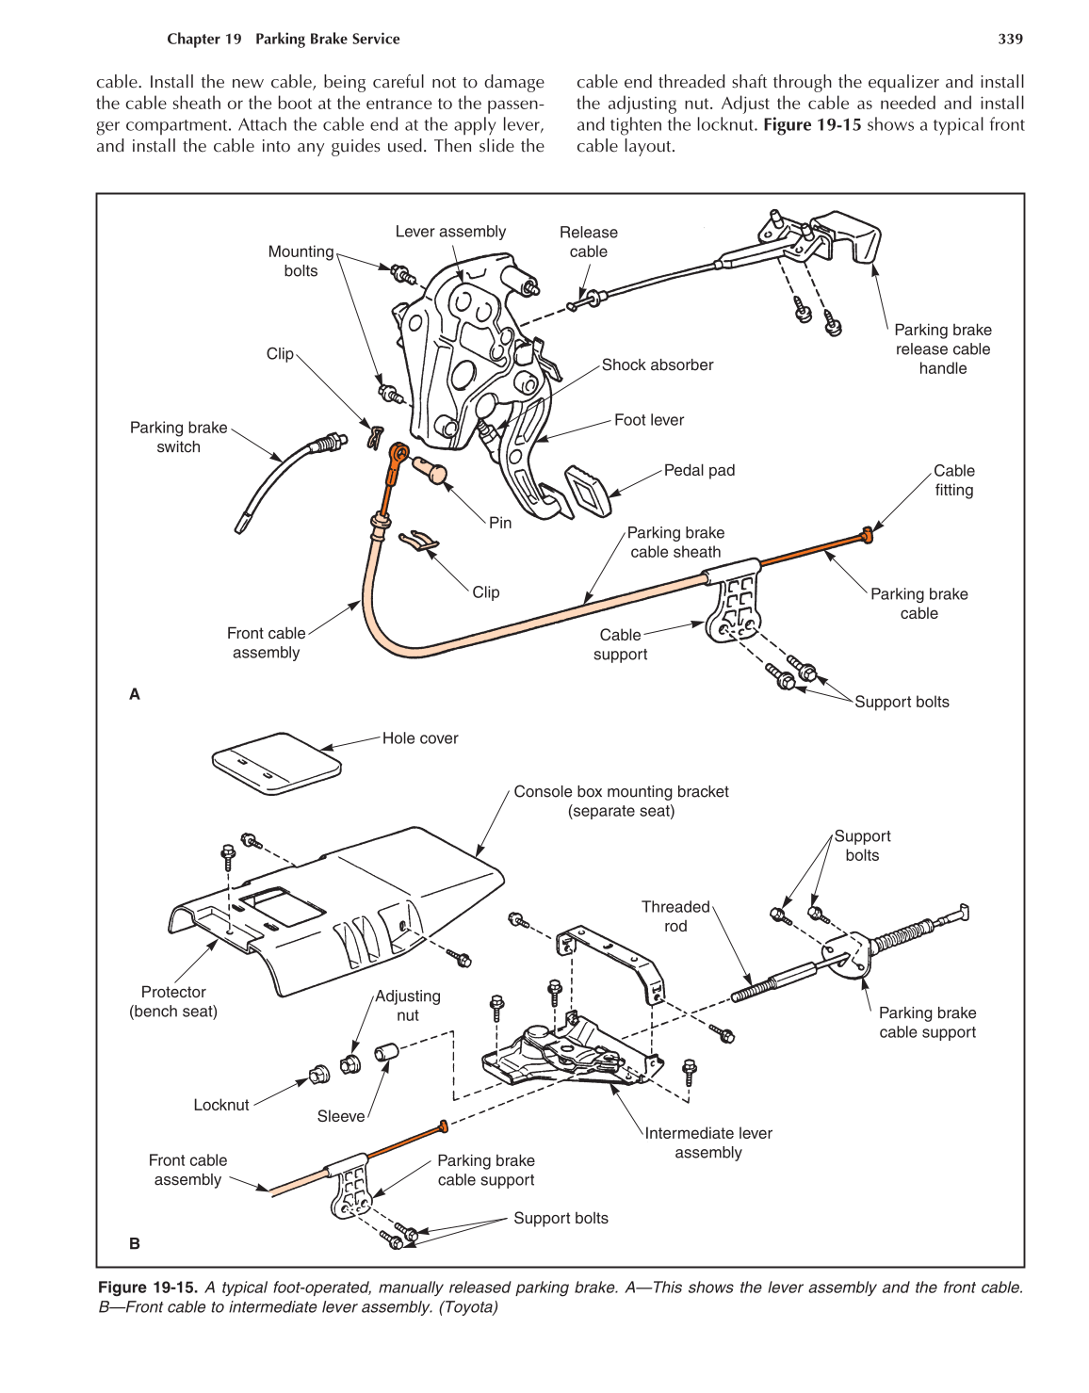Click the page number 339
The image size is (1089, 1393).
1010,39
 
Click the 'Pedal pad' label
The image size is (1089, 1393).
699,470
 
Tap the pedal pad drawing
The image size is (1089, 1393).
590,491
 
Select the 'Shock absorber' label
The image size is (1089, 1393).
657,364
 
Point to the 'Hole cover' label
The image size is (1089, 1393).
420,738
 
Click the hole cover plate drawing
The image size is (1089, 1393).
275,762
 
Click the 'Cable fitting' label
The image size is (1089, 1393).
953,480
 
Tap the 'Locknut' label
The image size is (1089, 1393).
221,1105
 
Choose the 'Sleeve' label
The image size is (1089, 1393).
341,1116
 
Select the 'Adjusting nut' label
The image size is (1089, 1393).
408,1005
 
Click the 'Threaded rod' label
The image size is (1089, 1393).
675,916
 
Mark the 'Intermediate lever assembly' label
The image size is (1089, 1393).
708,1142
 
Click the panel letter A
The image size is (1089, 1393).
135,694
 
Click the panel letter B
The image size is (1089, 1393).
135,1243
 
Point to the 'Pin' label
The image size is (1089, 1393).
500,523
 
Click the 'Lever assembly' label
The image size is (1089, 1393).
450,232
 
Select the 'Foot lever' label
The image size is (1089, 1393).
649,420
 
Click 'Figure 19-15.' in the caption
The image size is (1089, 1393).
148,1288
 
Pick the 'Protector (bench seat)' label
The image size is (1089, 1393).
173,1001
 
